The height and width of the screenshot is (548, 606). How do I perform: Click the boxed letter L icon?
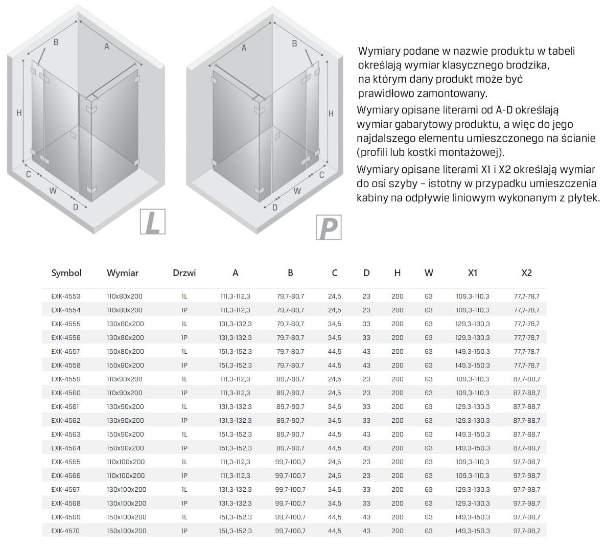tap(152, 222)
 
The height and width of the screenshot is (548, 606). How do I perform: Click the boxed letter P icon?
tap(328, 227)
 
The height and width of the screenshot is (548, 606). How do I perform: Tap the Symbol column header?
tap(66, 273)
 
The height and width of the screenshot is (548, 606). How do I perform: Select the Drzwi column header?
tap(184, 273)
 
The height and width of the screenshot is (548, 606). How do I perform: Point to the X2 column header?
tap(526, 273)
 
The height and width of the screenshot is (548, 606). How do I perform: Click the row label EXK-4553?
tap(66, 296)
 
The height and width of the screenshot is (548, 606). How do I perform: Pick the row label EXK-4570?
tap(66, 531)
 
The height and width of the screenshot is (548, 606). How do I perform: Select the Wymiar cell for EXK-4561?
tap(125, 406)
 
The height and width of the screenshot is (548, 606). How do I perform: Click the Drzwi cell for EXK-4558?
tap(184, 365)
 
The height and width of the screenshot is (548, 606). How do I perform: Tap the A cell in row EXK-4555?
tap(235, 324)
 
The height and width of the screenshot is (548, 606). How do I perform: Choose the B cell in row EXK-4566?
tap(290, 475)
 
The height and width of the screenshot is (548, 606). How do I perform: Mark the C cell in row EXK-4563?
tap(335, 434)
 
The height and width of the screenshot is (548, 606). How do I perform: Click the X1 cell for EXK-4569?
tap(473, 517)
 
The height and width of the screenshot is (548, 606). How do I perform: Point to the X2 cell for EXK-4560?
tap(526, 393)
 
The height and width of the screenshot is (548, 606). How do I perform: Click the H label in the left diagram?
tap(19, 112)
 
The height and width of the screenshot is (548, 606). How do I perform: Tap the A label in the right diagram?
tap(244, 48)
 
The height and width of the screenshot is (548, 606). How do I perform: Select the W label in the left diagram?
tap(53, 191)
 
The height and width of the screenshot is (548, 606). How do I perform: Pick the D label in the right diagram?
tap(274, 207)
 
